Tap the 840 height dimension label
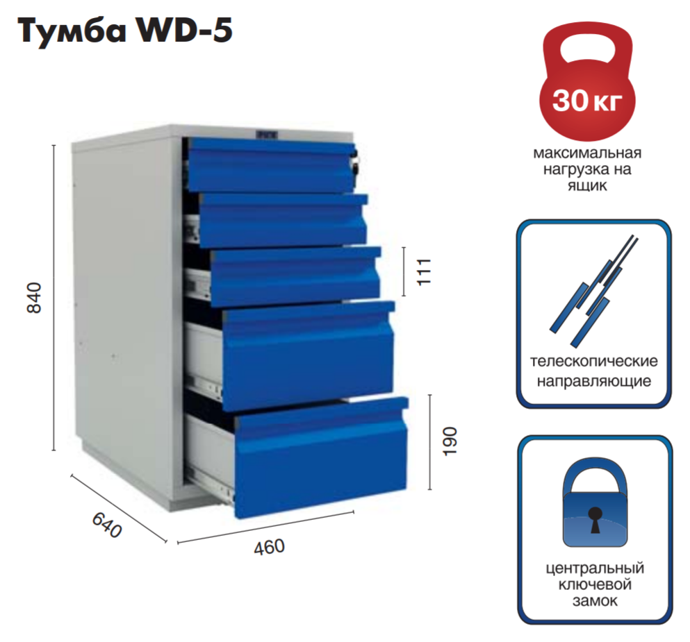[35, 298]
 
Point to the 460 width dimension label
[268, 548]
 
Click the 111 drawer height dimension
[425, 270]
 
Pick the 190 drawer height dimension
[450, 441]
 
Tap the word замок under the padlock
[595, 601]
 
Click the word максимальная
[587, 153]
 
